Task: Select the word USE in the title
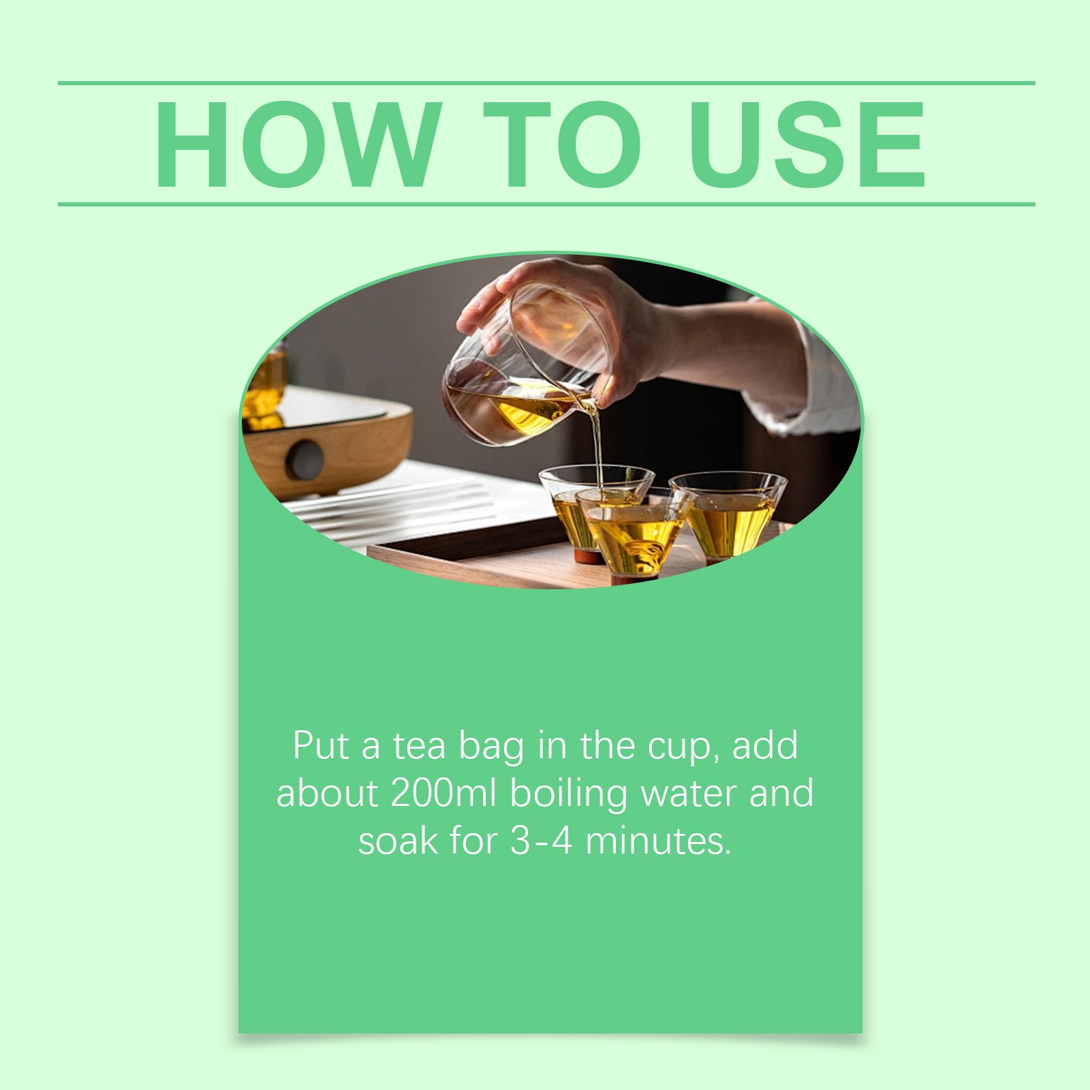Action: [807, 144]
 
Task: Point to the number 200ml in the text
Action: [443, 793]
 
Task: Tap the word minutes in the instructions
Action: [657, 841]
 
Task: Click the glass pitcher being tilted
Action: [518, 381]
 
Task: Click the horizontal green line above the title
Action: [545, 83]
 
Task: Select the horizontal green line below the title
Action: [545, 204]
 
